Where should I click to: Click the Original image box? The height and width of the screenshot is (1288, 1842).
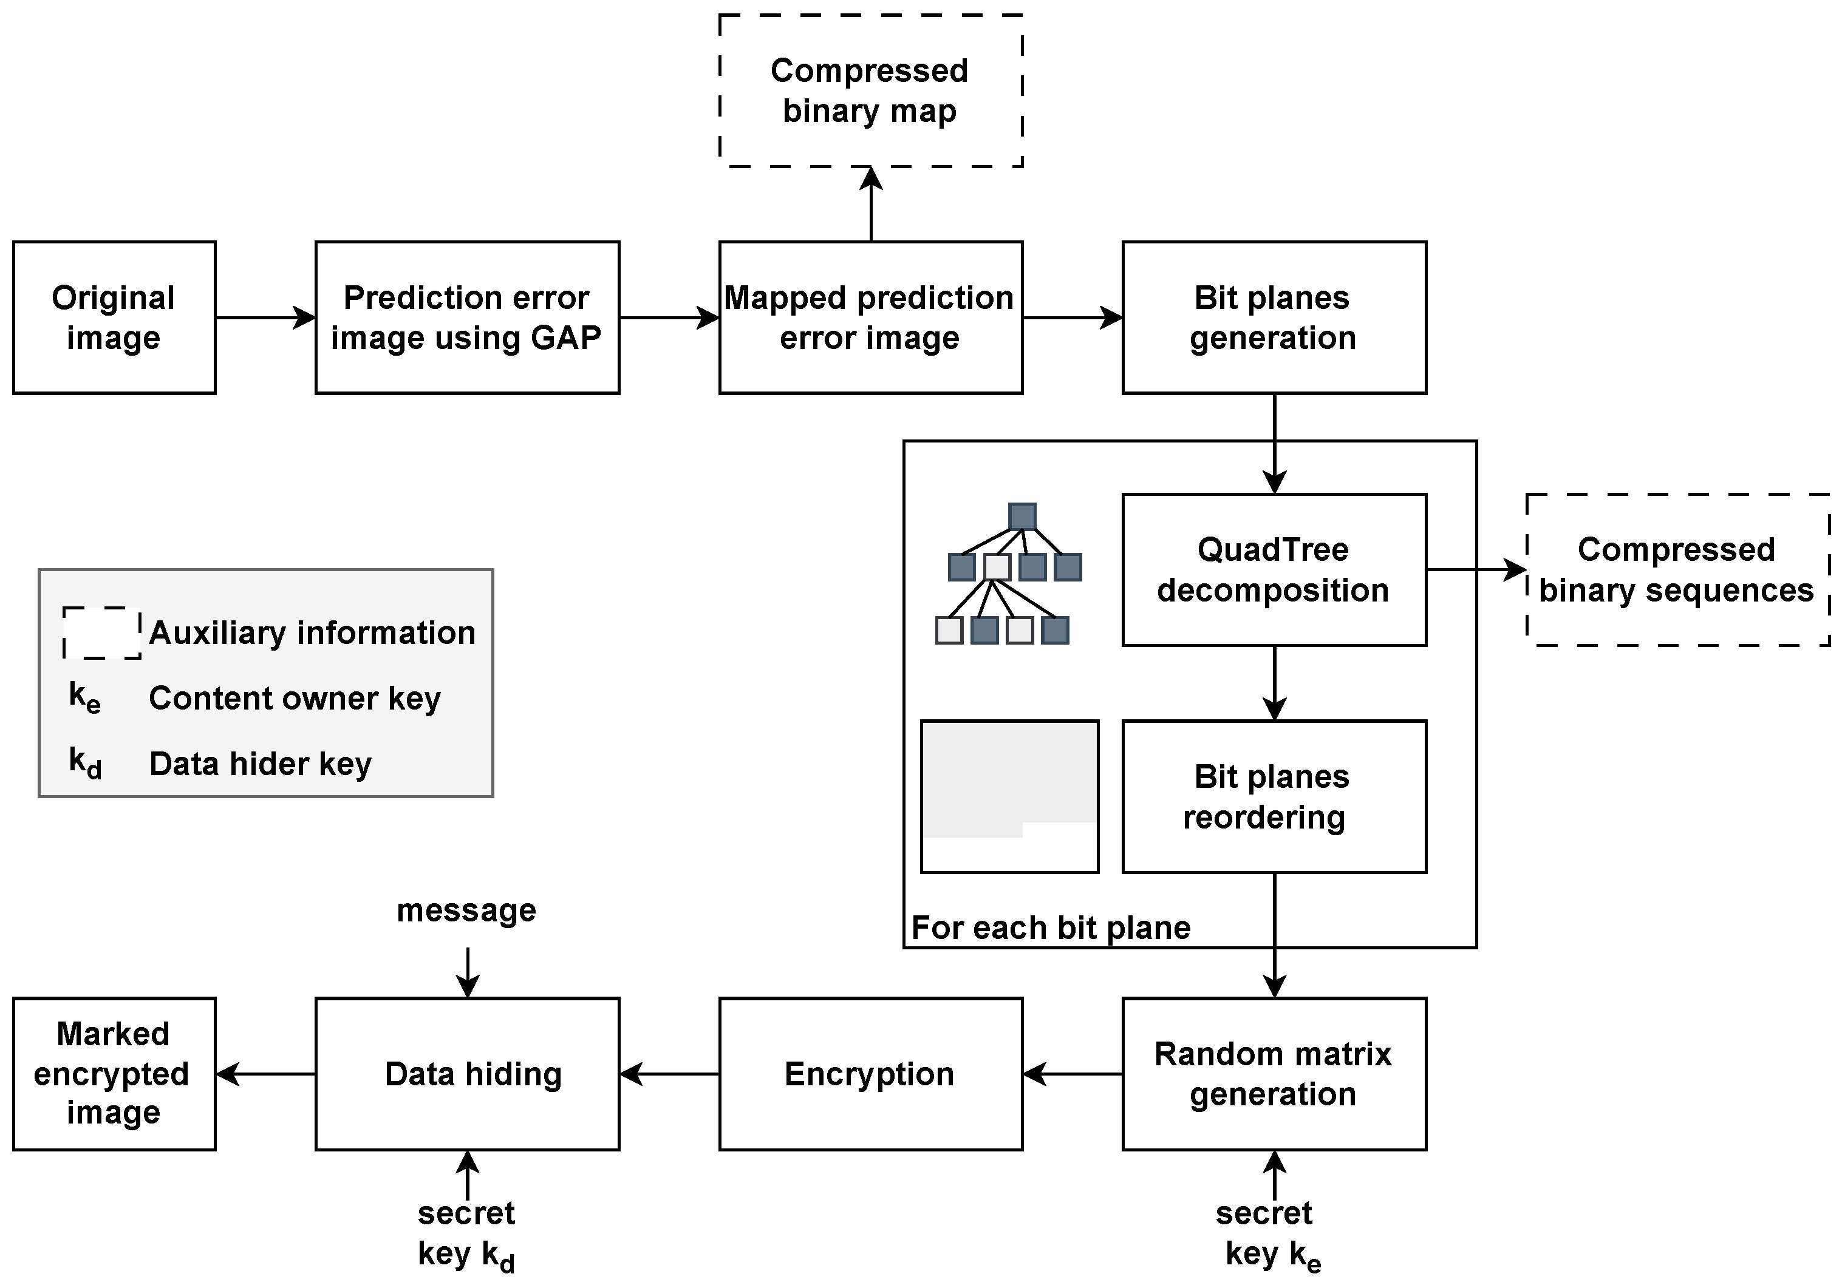click(x=114, y=317)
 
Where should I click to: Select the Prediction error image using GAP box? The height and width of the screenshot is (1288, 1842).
click(x=467, y=317)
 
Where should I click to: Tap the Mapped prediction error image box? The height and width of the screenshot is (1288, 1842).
click(x=870, y=317)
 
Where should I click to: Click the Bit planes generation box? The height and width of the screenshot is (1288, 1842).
click(x=1274, y=317)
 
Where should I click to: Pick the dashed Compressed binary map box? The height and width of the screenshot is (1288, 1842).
click(x=870, y=90)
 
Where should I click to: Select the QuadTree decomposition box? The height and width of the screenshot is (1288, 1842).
click(x=1274, y=569)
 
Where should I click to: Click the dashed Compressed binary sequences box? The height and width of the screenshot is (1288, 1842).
click(x=1677, y=569)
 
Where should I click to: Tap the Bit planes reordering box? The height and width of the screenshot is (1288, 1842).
click(x=1274, y=796)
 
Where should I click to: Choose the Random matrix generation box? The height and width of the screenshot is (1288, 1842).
click(x=1274, y=1074)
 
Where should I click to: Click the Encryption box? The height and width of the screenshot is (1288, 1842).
click(x=870, y=1074)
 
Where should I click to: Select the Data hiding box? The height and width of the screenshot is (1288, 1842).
click(x=467, y=1074)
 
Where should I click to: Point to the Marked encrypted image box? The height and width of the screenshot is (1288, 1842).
click(x=114, y=1074)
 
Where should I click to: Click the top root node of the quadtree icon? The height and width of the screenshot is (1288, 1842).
click(x=1022, y=517)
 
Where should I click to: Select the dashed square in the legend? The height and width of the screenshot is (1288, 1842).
click(x=102, y=633)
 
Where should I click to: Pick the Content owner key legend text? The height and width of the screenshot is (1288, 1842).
click(x=295, y=699)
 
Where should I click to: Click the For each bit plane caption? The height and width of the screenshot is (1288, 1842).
click(x=1051, y=928)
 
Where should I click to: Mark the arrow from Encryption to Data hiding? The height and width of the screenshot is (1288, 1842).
click(x=670, y=1074)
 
